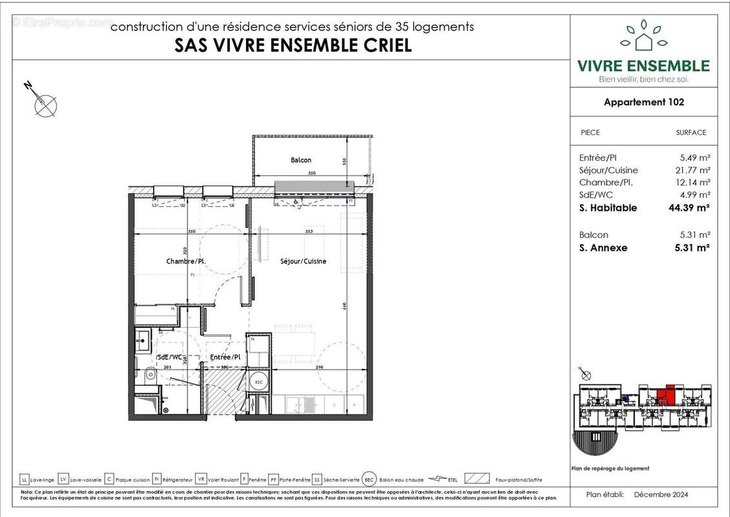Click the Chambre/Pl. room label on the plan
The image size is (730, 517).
click(x=185, y=261)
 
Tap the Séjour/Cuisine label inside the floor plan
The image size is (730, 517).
click(x=303, y=261)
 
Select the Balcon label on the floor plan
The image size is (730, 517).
click(x=300, y=160)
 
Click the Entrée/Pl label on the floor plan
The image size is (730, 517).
click(x=225, y=356)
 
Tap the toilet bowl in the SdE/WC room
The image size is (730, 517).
click(x=150, y=374)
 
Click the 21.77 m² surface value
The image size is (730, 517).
click(x=691, y=170)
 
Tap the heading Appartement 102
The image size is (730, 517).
click(x=643, y=101)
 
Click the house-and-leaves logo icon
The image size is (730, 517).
click(x=643, y=36)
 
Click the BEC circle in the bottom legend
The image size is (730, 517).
click(x=368, y=479)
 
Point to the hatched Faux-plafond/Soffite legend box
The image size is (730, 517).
click(x=477, y=479)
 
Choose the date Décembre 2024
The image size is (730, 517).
click(x=661, y=494)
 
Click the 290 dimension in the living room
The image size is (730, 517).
click(x=319, y=367)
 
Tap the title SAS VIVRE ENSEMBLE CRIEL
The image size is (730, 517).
click(x=293, y=46)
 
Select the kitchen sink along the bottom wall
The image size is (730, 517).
click(x=299, y=404)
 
